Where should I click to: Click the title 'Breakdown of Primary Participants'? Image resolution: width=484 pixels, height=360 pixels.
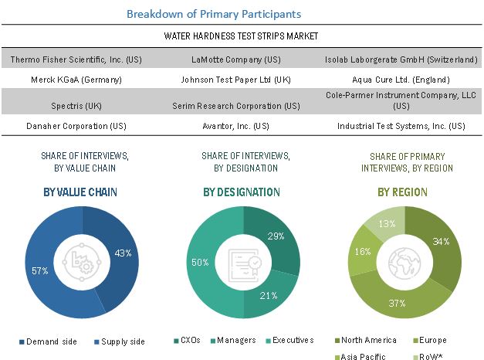[x=214, y=14]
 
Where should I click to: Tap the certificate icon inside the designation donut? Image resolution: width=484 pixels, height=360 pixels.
[x=241, y=262]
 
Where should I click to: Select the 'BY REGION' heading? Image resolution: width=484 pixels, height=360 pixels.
[x=404, y=192]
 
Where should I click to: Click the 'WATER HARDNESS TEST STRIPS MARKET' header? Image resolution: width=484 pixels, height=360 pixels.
[x=242, y=36]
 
